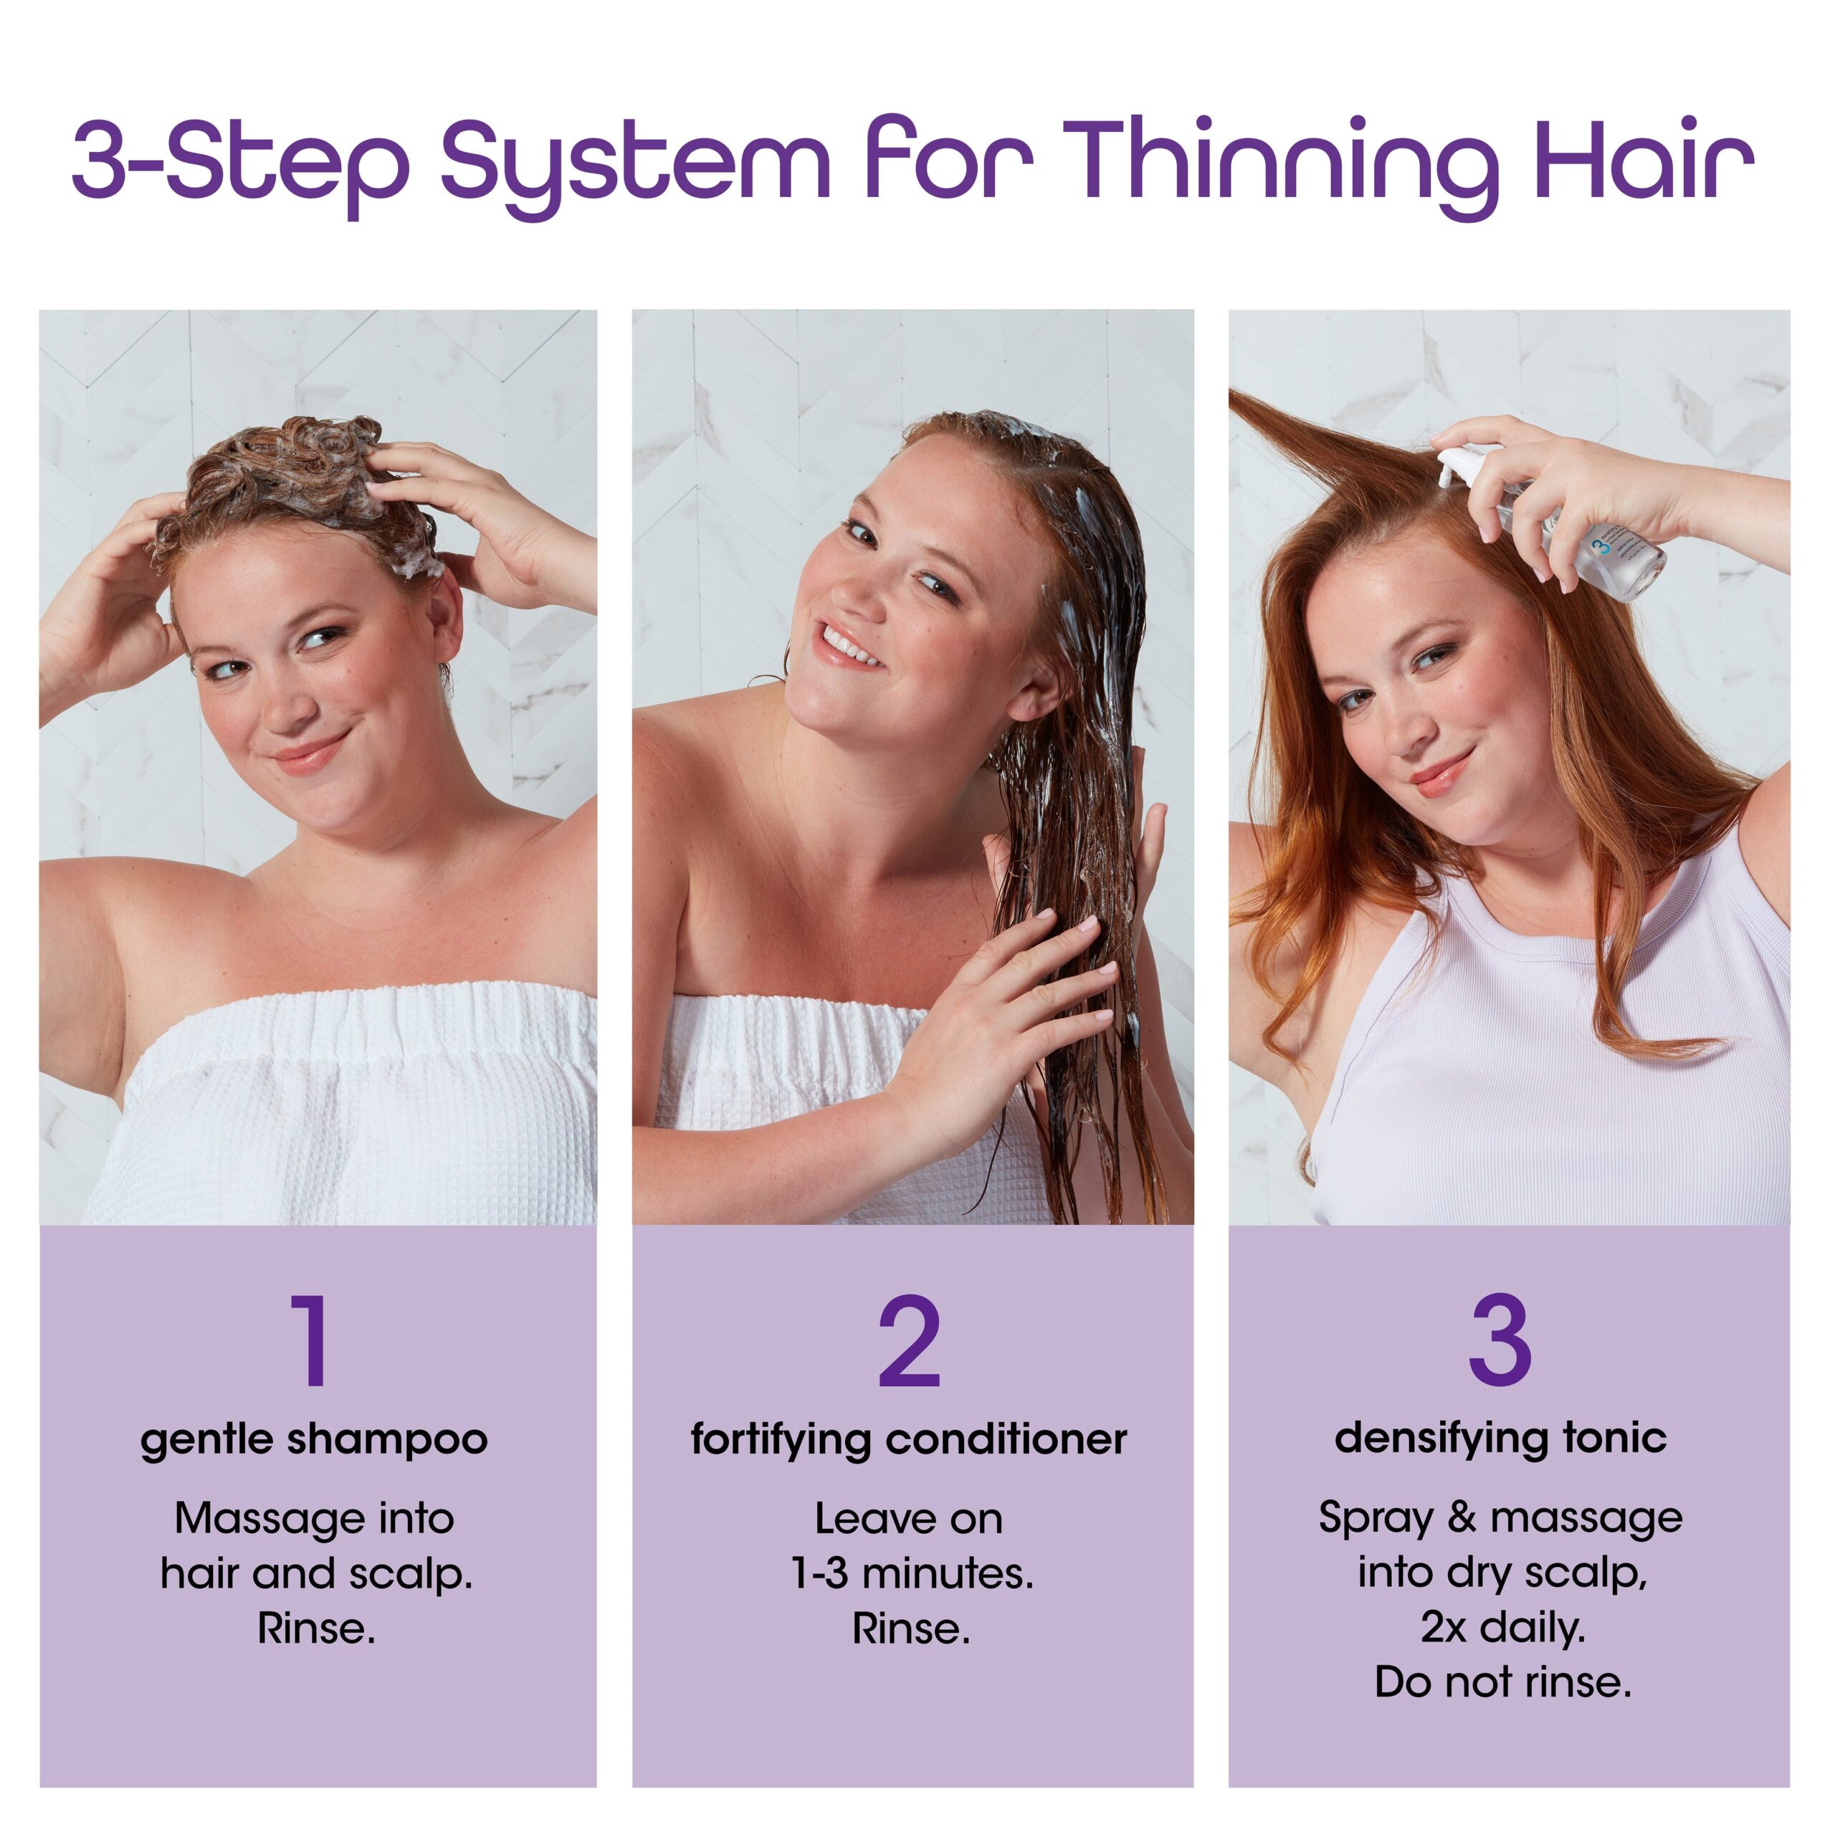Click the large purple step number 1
(x=313, y=1341)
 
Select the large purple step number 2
(x=909, y=1341)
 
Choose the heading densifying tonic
(x=1501, y=1438)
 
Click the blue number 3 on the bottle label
(x=1598, y=548)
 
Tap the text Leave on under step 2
(x=909, y=1520)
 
